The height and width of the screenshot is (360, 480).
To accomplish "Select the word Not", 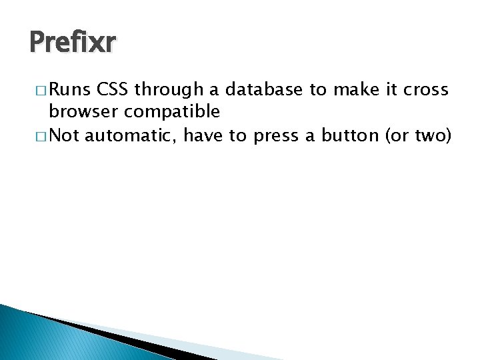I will coord(65,135).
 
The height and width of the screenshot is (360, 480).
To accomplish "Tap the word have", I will coord(204,135).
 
